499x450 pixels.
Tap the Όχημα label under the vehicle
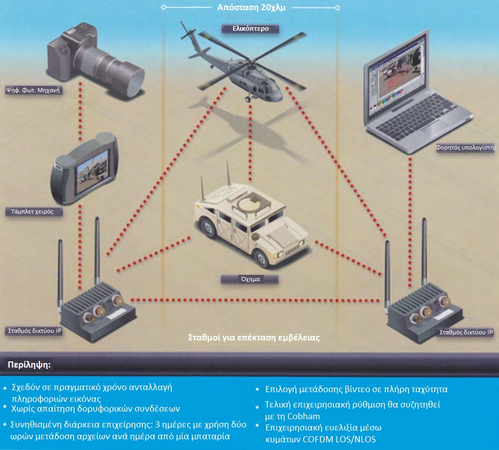pos(250,280)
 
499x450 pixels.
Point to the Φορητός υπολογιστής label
pos(466,147)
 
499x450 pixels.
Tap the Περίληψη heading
pos(29,365)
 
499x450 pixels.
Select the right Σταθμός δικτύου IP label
pos(466,332)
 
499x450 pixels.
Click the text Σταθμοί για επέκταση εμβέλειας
pos(254,338)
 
